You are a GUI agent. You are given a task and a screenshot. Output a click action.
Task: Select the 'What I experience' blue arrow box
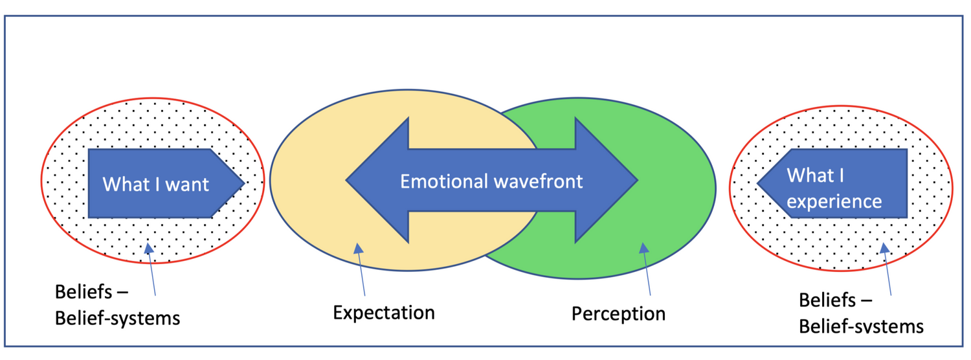(832, 183)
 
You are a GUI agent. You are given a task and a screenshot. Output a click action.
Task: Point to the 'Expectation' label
(384, 313)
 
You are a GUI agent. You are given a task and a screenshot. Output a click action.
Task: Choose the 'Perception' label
(619, 314)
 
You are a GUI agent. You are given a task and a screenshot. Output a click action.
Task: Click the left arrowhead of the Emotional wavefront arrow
(377, 180)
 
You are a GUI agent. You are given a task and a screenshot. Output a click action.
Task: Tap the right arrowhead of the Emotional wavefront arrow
(607, 180)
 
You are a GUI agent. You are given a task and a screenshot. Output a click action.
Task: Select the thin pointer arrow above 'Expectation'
(361, 269)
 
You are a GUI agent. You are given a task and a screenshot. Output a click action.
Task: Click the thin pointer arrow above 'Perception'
(647, 269)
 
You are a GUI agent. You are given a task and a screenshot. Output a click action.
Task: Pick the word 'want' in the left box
(187, 185)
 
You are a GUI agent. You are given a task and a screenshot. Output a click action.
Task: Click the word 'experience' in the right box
(834, 202)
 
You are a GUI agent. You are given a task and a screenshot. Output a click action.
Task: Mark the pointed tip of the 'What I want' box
(245, 183)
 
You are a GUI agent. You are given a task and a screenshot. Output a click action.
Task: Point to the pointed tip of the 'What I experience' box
(758, 183)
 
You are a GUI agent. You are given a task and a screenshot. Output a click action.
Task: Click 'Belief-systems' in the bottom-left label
(117, 319)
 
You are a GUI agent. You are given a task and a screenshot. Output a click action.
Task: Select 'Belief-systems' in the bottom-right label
(862, 326)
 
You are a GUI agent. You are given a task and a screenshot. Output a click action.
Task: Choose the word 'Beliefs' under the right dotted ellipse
(827, 300)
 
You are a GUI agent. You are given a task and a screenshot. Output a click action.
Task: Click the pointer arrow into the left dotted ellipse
(151, 269)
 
